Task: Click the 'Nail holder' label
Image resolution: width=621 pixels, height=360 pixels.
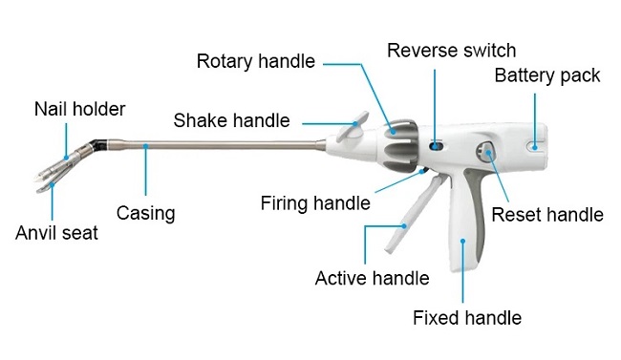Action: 79,109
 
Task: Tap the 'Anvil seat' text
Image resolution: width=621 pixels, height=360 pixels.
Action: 56,232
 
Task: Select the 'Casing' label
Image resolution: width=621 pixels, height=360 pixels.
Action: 146,213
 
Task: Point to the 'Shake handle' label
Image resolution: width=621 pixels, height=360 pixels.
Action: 232,120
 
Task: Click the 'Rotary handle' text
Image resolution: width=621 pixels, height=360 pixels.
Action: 256,61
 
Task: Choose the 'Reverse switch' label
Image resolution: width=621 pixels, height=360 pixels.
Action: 452,51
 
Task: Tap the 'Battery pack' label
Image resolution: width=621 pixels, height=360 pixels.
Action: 547,75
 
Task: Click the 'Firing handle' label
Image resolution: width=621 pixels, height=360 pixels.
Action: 315,203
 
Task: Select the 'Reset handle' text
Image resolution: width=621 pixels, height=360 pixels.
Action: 547,215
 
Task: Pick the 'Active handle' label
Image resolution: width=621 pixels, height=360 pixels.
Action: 372,278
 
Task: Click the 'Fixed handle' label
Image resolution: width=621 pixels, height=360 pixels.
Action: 467,318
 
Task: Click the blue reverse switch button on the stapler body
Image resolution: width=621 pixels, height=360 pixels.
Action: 436,146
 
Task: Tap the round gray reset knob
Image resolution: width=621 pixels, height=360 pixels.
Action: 486,154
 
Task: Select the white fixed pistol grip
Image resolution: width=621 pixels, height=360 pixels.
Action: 462,222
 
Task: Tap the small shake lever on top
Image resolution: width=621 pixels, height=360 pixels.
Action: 352,128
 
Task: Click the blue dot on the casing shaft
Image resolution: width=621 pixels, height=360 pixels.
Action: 146,146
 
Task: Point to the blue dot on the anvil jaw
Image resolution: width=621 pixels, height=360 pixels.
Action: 52,184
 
